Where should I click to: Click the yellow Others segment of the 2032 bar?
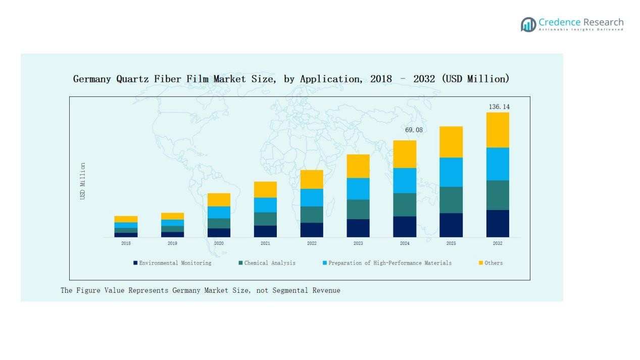(498, 130)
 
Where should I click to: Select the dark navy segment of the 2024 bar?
(405, 227)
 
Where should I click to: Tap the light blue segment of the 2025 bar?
(451, 172)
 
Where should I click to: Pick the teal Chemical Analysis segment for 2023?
(358, 209)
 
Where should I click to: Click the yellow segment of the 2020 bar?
(219, 199)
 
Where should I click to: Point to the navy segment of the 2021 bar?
(265, 231)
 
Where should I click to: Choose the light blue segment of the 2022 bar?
(312, 197)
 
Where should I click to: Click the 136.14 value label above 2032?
(499, 107)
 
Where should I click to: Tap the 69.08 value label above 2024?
(414, 130)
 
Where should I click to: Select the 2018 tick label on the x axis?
(126, 243)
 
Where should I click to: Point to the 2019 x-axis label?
(172, 243)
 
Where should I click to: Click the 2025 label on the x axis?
(451, 243)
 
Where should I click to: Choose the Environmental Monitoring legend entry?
(175, 263)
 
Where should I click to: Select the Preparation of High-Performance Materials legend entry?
(389, 263)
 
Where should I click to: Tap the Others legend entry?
(493, 263)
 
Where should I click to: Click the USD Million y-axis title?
(83, 181)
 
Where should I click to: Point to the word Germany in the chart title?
(92, 79)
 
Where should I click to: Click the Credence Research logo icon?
(528, 24)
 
